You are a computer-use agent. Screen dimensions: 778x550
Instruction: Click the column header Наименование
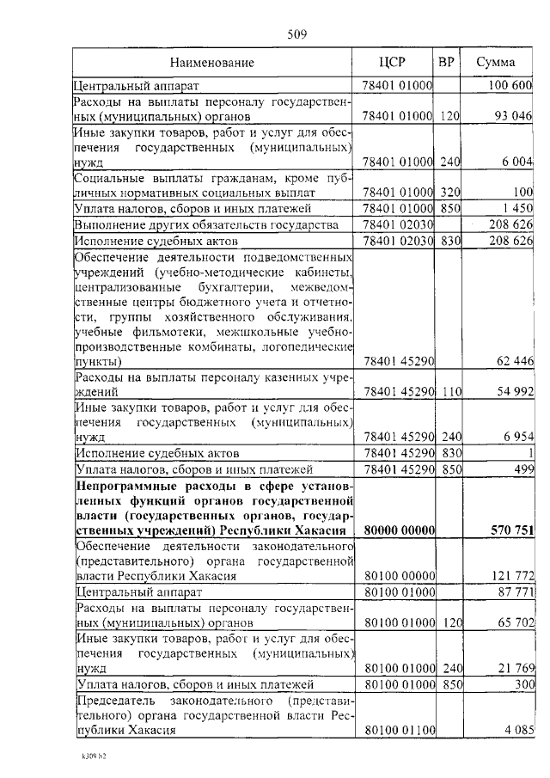click(x=211, y=63)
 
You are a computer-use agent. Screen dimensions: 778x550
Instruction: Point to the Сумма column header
click(x=497, y=63)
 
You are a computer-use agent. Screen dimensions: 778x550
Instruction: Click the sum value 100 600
click(x=510, y=86)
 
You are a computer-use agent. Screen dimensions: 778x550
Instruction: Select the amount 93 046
click(x=513, y=115)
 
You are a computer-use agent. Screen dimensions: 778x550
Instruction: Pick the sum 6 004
click(x=517, y=162)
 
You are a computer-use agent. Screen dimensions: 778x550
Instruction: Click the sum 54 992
click(x=515, y=391)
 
